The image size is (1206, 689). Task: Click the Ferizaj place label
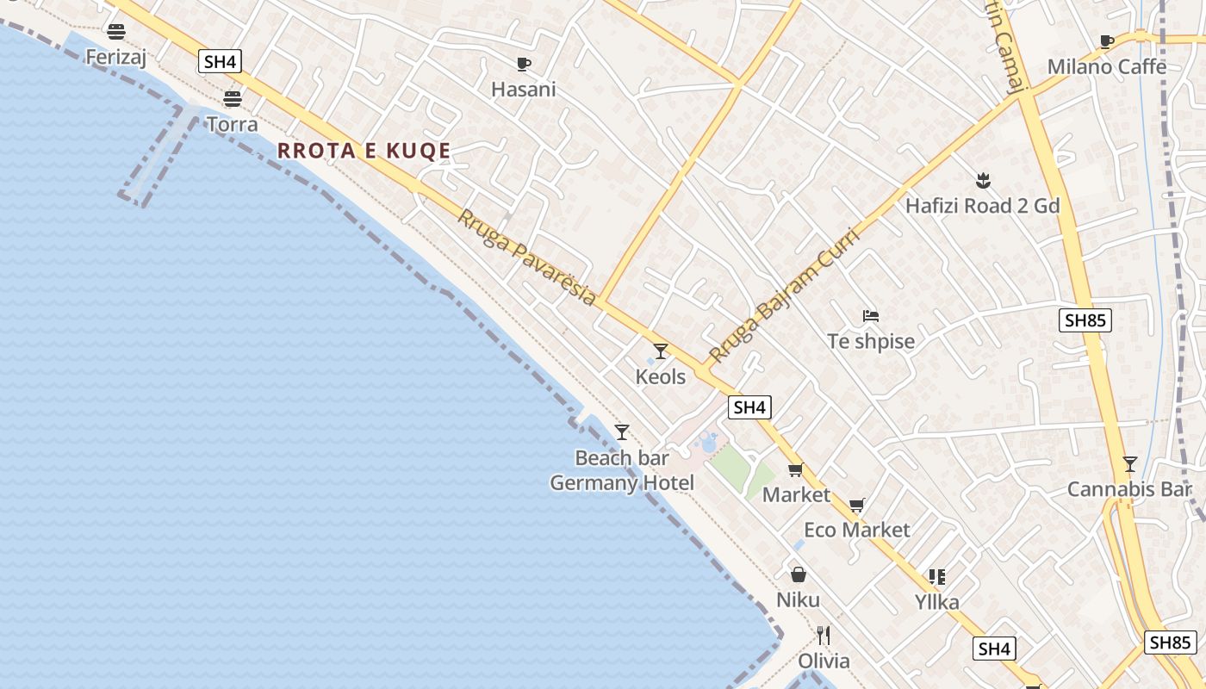116,58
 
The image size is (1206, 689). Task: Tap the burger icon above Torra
232,98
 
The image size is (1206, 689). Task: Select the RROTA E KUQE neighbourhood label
364,152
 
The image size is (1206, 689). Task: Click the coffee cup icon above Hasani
523,64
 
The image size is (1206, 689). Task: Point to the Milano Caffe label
1106,67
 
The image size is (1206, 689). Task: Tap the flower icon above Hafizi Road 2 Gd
982,181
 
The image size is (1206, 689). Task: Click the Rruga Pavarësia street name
526,258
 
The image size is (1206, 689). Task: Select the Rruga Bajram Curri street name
784,295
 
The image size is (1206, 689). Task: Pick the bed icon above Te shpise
870,316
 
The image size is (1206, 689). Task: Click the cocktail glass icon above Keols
661,351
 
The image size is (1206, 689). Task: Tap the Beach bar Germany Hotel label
622,470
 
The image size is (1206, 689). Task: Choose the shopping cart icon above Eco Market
856,505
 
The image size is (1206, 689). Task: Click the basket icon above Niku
799,574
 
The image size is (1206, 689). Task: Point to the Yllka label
936,602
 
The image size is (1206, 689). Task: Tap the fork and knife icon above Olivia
824,636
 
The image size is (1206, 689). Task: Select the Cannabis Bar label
1128,490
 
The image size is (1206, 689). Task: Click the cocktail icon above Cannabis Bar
1129,464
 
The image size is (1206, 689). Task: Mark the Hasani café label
523,90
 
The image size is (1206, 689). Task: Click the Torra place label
232,125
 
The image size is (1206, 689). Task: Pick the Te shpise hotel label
871,342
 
